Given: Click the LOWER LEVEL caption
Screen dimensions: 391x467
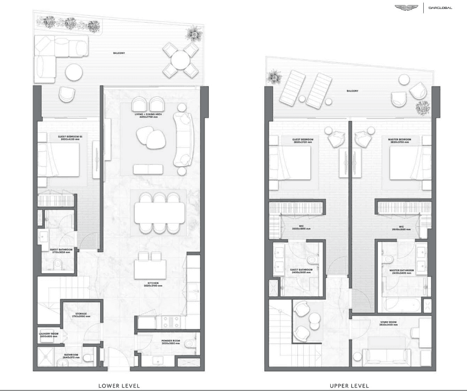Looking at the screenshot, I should [119, 385].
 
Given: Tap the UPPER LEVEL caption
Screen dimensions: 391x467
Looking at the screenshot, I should [349, 385].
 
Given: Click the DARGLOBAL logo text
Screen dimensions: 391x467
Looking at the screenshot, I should [440, 8].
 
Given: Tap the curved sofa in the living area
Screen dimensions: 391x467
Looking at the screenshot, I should [183, 139].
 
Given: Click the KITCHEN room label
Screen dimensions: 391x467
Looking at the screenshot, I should [153, 284].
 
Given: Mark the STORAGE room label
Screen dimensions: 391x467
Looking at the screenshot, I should [81, 314].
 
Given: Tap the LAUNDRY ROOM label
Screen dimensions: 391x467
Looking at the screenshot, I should [48, 334].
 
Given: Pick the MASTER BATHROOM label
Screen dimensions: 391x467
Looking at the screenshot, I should [402, 271].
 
